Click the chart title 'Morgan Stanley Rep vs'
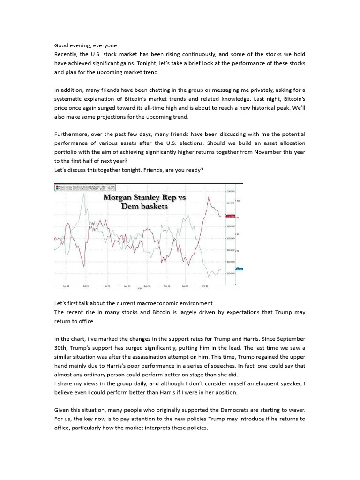144,197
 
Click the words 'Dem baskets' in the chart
144,206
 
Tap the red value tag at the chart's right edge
230,216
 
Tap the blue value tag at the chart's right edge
239,269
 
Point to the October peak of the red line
207,198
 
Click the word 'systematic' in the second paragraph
71,99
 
